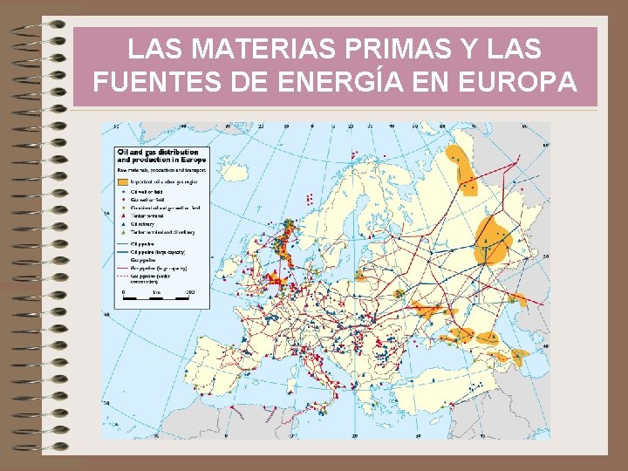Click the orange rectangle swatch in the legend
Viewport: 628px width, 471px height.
pos(123,182)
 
